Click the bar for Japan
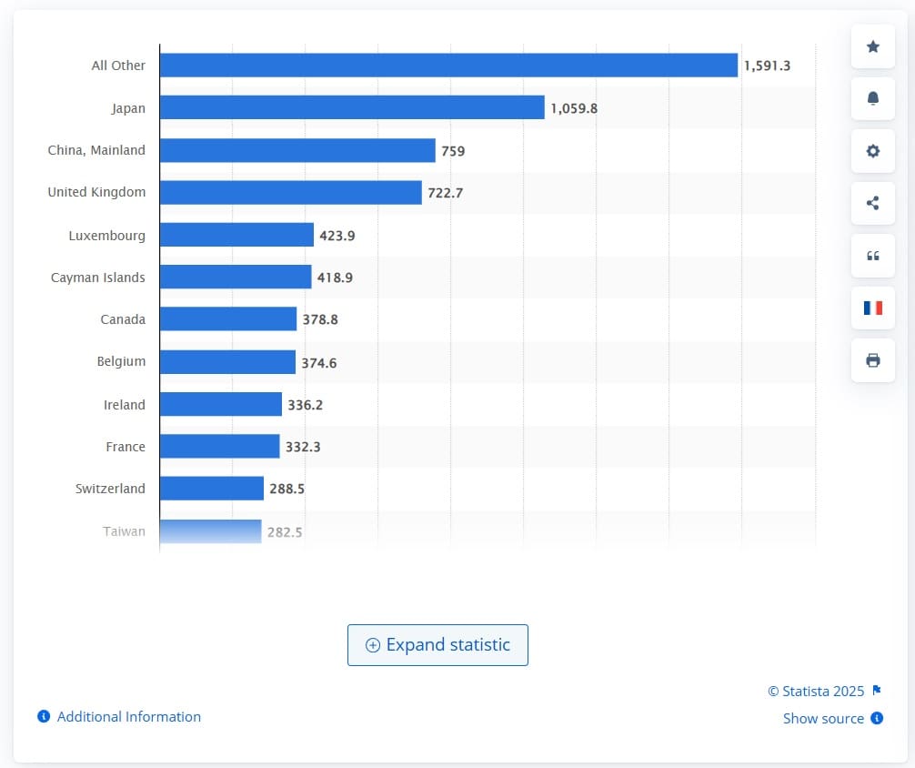point(351,108)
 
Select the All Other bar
point(447,66)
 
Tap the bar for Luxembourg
point(236,235)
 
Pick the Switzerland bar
point(211,489)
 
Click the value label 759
point(453,151)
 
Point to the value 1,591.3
point(767,66)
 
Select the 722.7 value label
point(446,193)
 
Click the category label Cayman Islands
point(97,278)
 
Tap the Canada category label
point(123,319)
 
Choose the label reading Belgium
point(121,361)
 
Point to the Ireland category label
point(125,404)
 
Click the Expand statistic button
point(437,645)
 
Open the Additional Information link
point(128,717)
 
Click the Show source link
point(823,719)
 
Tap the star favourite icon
point(873,46)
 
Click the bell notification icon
point(873,98)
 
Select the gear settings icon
point(873,151)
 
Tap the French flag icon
point(873,308)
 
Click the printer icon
point(873,360)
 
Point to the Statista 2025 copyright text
point(817,691)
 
